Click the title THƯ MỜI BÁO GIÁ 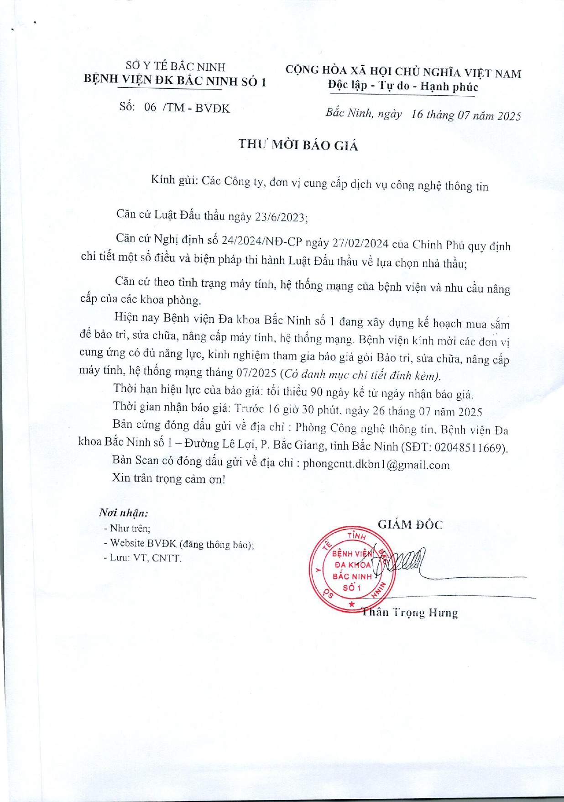(x=298, y=145)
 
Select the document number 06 (x=150, y=107)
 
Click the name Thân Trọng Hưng (x=410, y=613)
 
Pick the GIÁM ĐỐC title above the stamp (x=410, y=525)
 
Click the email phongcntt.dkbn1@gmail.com (x=376, y=465)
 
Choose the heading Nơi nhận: (x=123, y=513)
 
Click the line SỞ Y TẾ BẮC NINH (x=176, y=67)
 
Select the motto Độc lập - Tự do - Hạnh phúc (x=403, y=86)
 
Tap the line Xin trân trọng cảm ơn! (x=168, y=479)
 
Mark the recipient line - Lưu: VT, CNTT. (x=143, y=558)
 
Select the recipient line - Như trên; (x=127, y=529)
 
